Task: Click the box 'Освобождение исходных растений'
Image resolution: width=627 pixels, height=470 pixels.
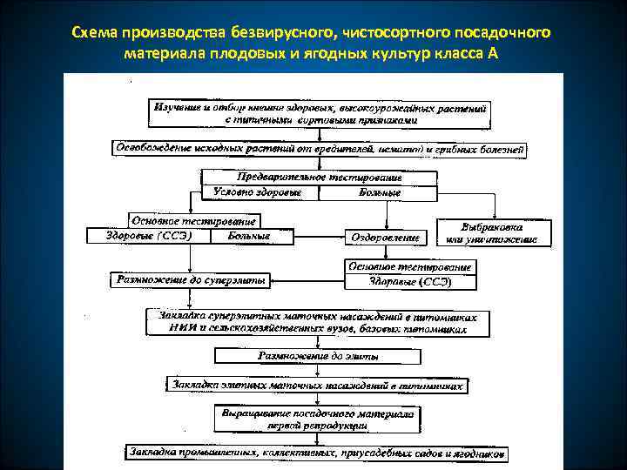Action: click(x=320, y=149)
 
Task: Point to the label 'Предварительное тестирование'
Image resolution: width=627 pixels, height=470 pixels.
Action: click(x=320, y=177)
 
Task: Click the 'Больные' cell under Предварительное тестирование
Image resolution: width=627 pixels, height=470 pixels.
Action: click(x=381, y=191)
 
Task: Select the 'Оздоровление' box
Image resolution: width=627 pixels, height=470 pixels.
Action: click(x=385, y=237)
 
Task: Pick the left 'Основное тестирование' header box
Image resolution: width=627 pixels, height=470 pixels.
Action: click(x=193, y=221)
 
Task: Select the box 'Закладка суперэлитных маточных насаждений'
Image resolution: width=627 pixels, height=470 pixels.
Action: click(x=320, y=323)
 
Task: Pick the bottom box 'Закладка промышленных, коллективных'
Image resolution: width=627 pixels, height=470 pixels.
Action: click(x=316, y=453)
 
